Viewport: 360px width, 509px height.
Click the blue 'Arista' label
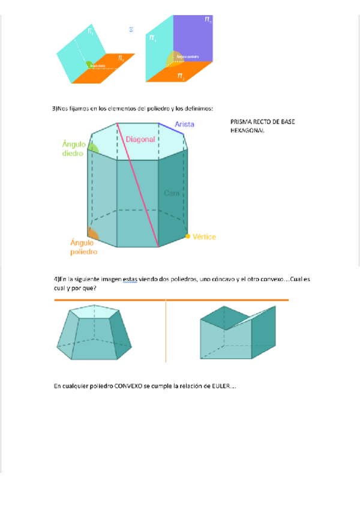click(x=183, y=124)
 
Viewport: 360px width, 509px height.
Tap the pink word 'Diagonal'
click(x=140, y=139)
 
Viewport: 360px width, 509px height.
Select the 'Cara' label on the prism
click(x=172, y=193)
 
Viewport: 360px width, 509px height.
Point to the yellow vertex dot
click(x=187, y=236)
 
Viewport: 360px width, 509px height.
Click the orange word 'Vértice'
click(x=204, y=237)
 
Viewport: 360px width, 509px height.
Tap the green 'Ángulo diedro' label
click(x=73, y=148)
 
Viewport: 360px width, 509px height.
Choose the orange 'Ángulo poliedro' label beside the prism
click(x=83, y=247)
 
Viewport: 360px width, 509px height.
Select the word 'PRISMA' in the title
click(x=241, y=121)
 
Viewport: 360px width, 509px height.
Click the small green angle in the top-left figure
click(x=89, y=63)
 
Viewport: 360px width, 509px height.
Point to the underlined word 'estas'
click(x=130, y=280)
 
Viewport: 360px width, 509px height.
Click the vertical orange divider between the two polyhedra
click(x=166, y=331)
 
